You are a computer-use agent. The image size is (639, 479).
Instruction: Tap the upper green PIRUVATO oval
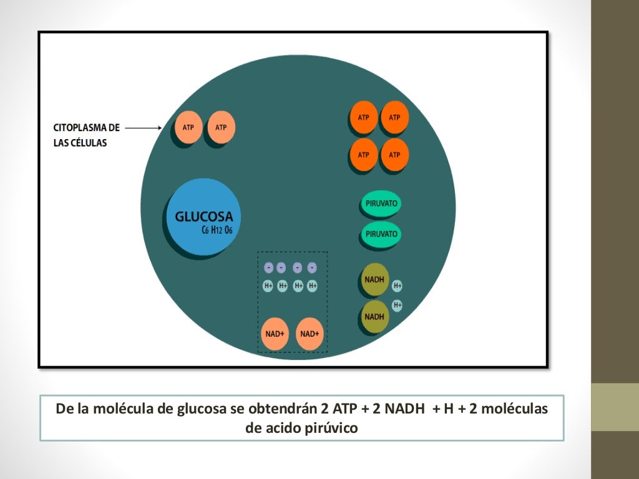(381, 203)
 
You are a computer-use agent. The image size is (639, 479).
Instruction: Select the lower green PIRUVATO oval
(381, 234)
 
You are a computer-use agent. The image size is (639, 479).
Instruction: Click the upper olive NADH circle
(374, 279)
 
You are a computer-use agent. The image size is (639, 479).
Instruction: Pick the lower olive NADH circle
(374, 316)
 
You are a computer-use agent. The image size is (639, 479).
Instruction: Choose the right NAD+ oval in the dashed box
(310, 333)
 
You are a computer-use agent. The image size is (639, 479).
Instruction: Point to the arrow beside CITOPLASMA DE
(143, 127)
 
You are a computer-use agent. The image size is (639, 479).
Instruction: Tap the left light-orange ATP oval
(188, 127)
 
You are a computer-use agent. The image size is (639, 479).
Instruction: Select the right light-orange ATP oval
(221, 127)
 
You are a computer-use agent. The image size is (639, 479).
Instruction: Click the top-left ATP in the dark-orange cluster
(364, 117)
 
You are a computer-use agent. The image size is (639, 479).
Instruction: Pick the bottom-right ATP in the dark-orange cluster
(394, 154)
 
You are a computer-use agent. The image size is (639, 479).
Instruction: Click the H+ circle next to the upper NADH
(398, 286)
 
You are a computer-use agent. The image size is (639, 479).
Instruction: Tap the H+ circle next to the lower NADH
(397, 304)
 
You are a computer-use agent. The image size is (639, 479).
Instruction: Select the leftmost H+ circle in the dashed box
(268, 286)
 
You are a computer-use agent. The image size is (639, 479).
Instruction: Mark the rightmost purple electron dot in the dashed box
(312, 268)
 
